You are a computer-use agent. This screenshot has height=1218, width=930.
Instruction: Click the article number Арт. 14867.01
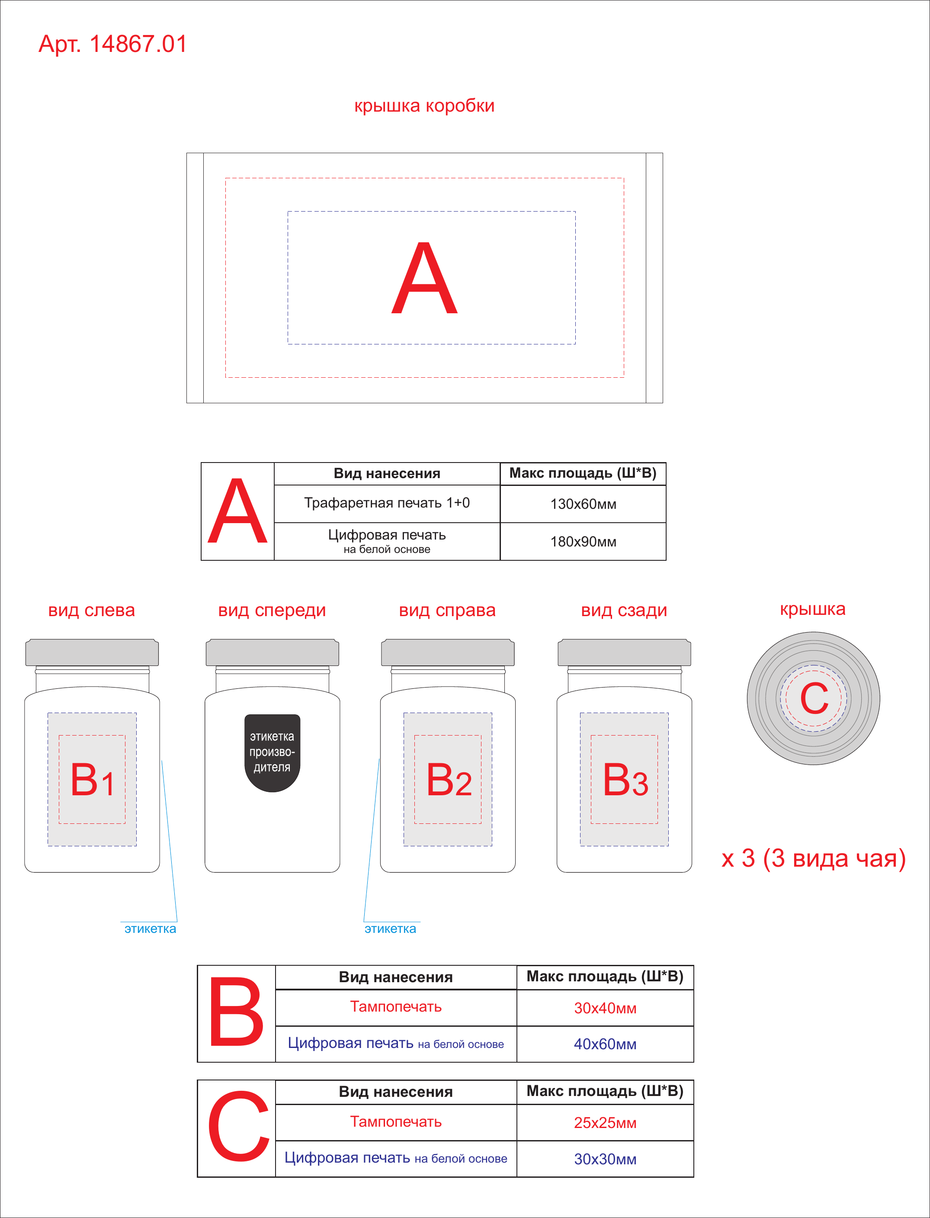(113, 44)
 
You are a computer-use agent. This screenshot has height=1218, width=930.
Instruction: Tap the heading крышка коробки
(424, 105)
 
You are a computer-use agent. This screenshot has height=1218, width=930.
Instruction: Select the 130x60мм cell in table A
(583, 504)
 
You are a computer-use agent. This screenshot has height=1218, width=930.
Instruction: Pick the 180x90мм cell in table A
(583, 541)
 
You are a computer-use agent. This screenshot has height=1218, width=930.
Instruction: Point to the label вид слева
(91, 610)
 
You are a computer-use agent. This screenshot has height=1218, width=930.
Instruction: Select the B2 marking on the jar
(449, 780)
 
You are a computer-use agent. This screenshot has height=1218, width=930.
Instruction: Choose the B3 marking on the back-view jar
(625, 780)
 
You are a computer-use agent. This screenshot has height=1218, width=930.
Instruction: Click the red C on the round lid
(815, 698)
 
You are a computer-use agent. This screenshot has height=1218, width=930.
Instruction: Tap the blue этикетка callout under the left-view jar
(150, 929)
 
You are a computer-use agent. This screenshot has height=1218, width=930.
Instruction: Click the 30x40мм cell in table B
(605, 1008)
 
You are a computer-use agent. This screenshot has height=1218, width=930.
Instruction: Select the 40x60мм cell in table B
(605, 1044)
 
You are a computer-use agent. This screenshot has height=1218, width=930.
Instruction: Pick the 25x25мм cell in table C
(605, 1123)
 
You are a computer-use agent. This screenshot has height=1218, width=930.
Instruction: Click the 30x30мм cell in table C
(605, 1159)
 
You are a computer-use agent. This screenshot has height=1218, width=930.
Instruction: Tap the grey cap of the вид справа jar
(448, 652)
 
